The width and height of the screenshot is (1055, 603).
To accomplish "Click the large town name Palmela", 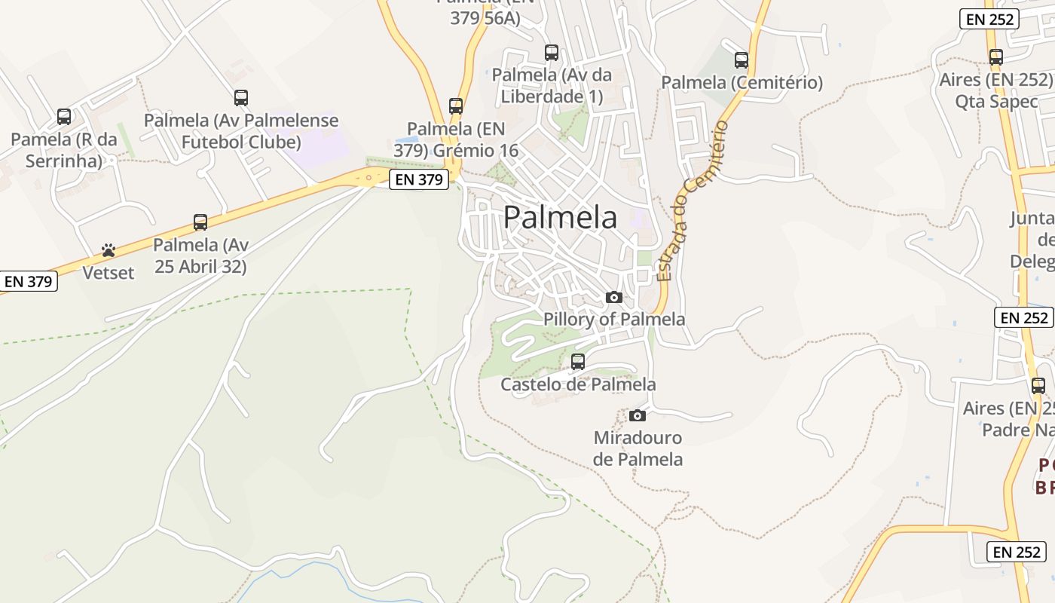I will (x=560, y=217).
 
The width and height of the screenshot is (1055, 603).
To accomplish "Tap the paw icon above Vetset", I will (x=109, y=250).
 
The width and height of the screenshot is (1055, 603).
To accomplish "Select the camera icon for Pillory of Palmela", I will (x=614, y=298).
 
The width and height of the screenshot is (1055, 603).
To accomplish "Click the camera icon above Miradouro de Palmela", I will (x=638, y=415).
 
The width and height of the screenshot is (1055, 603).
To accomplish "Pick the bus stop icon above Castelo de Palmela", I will (x=578, y=362).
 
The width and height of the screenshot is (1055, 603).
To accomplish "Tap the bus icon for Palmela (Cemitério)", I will (x=742, y=60).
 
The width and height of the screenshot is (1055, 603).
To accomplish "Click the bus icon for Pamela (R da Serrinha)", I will (x=64, y=117).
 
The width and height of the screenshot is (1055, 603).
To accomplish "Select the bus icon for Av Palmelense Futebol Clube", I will (x=241, y=98).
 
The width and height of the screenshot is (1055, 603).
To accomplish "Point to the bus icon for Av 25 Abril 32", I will (x=200, y=222).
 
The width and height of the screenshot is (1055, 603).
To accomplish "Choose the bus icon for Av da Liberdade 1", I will (x=552, y=53).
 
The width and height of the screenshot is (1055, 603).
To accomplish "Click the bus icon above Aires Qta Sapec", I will (x=996, y=57).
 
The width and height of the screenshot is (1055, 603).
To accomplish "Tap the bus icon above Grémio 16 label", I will (x=456, y=106).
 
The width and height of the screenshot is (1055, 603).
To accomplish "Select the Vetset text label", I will (x=109, y=273).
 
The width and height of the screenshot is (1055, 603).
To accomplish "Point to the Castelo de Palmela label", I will (x=578, y=384).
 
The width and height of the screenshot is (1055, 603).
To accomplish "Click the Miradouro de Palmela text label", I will (x=638, y=448).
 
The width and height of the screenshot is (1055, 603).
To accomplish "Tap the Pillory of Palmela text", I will (x=614, y=320).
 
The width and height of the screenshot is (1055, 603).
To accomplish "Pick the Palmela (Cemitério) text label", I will (x=742, y=83).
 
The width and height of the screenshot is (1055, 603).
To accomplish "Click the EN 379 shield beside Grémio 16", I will (x=419, y=179).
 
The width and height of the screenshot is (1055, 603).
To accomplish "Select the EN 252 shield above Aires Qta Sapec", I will (x=989, y=20).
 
